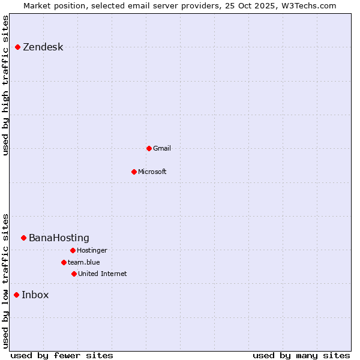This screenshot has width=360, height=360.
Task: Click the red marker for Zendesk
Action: click(18, 47)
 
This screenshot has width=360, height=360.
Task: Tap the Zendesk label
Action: click(43, 47)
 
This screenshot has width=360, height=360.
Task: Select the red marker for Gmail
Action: click(149, 148)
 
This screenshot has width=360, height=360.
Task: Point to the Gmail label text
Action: click(162, 148)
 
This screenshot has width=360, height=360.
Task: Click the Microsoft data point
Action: click(134, 172)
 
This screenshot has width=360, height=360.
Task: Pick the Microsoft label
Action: click(152, 172)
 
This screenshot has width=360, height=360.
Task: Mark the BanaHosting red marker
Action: click(24, 238)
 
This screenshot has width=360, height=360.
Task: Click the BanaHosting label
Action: click(59, 238)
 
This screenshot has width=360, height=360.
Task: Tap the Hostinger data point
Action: click(73, 250)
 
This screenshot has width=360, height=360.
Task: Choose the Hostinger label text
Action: click(92, 250)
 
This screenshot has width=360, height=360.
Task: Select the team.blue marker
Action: click(64, 262)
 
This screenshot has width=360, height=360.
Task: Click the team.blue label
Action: click(83, 262)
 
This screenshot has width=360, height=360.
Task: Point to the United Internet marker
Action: click(74, 274)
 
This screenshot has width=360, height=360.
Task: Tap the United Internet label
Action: click(102, 274)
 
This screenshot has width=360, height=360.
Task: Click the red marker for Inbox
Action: click(17, 295)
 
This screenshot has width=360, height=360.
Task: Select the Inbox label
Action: click(35, 295)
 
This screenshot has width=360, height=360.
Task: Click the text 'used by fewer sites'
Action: click(62, 355)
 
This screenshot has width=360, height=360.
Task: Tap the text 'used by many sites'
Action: click(301, 355)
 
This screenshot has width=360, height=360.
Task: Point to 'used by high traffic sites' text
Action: click(5, 85)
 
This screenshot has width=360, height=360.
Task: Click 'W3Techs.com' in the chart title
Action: click(307, 5)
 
